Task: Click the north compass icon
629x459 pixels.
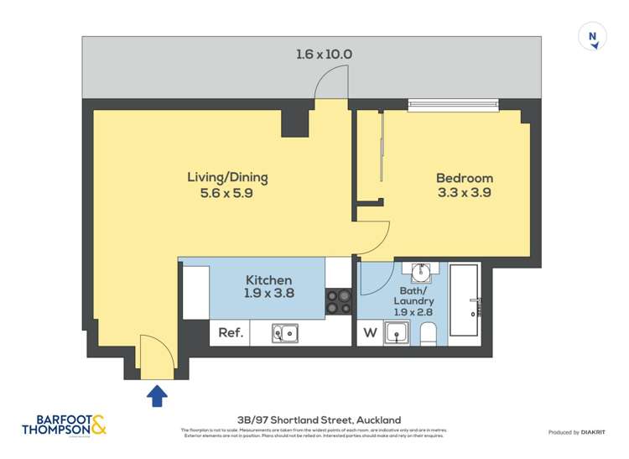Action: click(593, 37)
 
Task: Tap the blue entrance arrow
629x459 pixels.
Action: click(157, 395)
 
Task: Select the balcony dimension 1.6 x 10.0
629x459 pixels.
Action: click(324, 55)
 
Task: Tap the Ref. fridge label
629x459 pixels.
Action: click(231, 332)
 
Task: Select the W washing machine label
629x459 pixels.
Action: click(369, 332)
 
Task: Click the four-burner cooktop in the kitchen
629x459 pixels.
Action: click(338, 301)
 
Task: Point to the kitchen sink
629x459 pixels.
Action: click(284, 333)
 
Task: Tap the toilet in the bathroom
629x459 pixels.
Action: click(428, 333)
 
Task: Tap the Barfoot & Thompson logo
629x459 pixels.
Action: click(65, 425)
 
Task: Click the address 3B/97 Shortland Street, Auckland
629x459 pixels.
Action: click(319, 420)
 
